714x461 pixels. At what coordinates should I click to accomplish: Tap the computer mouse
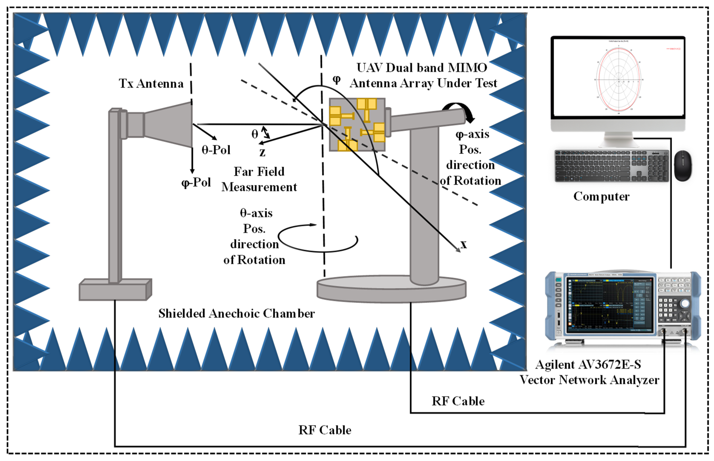pos(683,166)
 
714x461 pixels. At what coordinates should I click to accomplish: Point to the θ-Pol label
pos(216,150)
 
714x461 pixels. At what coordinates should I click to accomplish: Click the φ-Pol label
pos(196,182)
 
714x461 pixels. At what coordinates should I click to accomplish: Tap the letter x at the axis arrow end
pos(464,244)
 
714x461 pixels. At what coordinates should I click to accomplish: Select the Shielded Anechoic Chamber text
pos(236,314)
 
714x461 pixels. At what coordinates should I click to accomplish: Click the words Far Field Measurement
pos(259,179)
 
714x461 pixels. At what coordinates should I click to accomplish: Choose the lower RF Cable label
pos(325,430)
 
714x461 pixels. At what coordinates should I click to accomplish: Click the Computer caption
pos(601,196)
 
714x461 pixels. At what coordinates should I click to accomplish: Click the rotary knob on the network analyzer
pos(685,304)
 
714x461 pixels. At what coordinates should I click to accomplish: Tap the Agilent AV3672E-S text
pos(588,365)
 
